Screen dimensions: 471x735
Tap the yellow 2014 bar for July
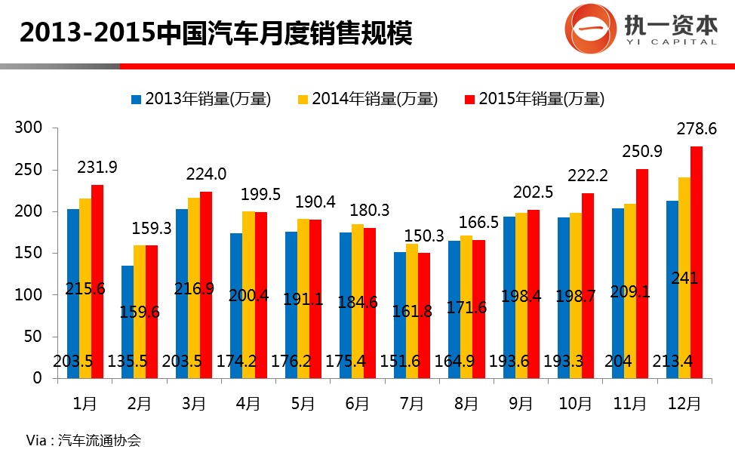pos(412,310)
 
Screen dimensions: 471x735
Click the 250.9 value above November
pos(642,152)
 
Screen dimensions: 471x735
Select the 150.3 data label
pos(423,236)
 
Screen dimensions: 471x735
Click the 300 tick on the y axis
pos(29,128)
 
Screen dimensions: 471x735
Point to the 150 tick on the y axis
pos(29,254)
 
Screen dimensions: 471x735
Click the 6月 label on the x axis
pos(357,404)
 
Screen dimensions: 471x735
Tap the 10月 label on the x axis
pos(575,404)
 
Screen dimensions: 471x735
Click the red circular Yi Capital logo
pos(589,29)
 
